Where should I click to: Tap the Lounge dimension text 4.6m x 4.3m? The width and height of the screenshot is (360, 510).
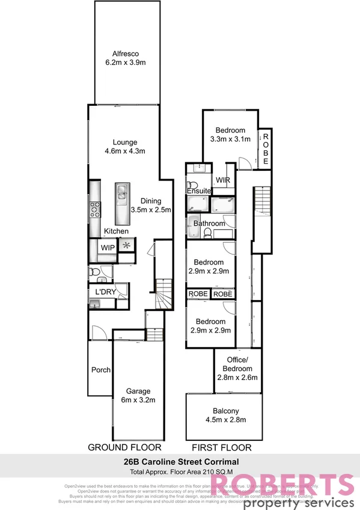coord(124,151)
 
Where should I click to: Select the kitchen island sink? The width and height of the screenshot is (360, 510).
coord(121,193)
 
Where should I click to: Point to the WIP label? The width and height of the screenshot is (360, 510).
coord(108,248)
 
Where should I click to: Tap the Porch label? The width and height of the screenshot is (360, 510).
coord(100,370)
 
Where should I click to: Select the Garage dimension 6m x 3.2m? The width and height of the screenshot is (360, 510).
coord(138,399)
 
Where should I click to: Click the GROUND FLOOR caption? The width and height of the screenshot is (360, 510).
coord(124,447)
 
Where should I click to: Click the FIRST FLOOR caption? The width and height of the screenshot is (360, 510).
coord(221,448)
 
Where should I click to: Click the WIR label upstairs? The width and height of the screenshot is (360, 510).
coord(222,180)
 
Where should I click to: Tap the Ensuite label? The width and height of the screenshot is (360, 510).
coord(199,191)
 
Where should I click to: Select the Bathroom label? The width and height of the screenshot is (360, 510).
coord(209,224)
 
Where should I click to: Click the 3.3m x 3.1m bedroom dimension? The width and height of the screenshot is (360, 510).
coord(230,139)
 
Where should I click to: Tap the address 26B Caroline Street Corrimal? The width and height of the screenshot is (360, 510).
coord(180,461)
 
